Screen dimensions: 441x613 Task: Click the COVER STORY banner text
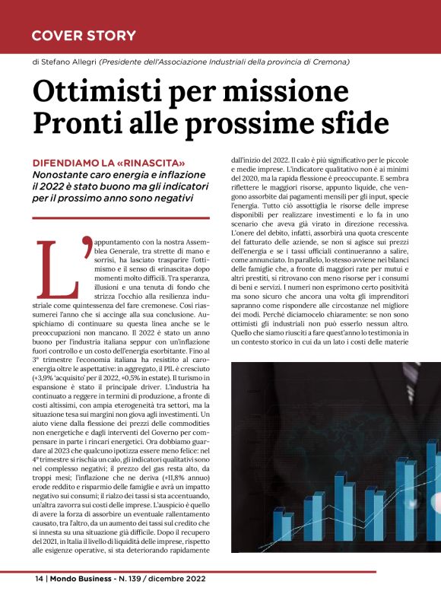click(84, 36)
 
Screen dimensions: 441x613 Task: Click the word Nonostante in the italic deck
click(63, 176)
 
